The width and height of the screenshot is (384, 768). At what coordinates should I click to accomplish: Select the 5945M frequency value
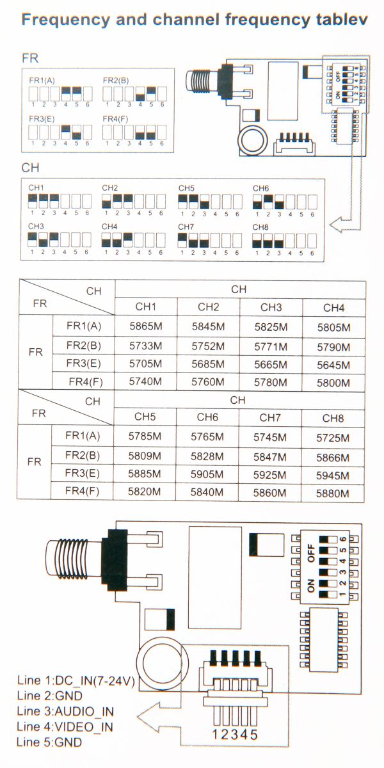[x=333, y=476]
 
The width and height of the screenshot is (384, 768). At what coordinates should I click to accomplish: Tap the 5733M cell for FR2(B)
[x=145, y=346]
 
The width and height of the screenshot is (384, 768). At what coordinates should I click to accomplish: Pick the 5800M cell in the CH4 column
[x=333, y=383]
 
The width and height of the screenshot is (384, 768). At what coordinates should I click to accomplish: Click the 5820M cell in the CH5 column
[x=145, y=493]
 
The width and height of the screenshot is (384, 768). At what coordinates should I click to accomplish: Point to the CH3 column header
[x=271, y=308]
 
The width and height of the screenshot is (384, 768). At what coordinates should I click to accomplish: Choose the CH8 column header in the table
[x=333, y=418]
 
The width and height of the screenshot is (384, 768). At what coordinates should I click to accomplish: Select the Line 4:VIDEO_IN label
[x=65, y=727]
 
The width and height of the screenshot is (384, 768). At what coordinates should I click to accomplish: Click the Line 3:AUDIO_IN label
[x=65, y=712]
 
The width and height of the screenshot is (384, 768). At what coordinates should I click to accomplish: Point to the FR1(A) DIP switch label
[x=42, y=81]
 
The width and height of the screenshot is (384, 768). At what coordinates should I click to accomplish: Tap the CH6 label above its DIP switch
[x=260, y=188]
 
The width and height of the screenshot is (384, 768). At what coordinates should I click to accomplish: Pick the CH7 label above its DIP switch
[x=186, y=227]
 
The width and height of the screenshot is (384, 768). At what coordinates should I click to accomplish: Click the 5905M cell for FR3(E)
[x=208, y=476]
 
